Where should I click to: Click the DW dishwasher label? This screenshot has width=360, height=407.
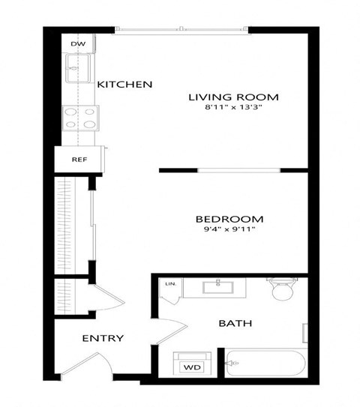(x=77, y=44)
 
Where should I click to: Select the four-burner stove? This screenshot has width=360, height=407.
(x=81, y=118)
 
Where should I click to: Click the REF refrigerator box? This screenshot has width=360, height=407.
(x=79, y=160)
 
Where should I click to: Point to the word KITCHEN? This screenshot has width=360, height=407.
(x=124, y=85)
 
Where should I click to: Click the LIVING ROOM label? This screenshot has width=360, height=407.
(x=233, y=97)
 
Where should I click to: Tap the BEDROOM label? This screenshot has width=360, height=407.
(x=229, y=220)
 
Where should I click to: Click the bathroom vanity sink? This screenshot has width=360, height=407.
(x=218, y=286)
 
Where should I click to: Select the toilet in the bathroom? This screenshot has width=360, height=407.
(x=283, y=289)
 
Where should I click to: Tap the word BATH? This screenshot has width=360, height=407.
(x=235, y=324)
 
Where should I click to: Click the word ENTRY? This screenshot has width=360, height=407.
(x=103, y=338)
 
